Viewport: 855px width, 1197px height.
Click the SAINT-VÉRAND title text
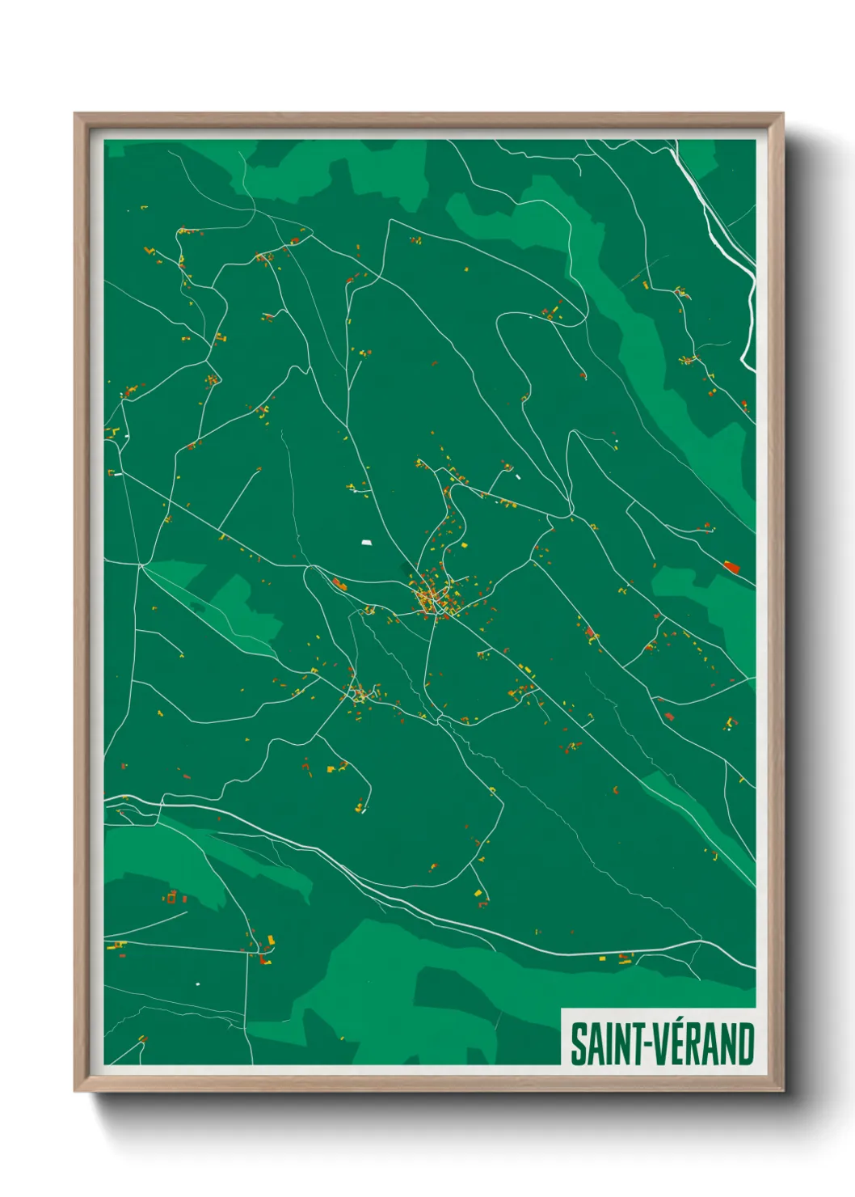(x=662, y=1045)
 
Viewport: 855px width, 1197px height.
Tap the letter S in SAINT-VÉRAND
(x=579, y=1045)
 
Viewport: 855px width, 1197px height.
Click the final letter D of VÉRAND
(x=745, y=1045)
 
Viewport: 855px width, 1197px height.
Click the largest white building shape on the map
(x=367, y=543)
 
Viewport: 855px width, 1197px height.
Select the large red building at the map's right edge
(x=731, y=567)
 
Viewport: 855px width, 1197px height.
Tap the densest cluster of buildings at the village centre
(x=429, y=597)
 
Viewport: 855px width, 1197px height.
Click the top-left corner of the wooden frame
(x=77, y=116)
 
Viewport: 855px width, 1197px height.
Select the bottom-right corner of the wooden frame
(x=781, y=1089)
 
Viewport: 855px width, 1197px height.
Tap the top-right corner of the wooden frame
(x=781, y=116)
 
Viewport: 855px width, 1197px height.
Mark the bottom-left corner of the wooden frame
(x=77, y=1089)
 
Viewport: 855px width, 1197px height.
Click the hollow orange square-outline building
(x=171, y=896)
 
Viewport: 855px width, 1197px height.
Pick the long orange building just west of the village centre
(x=339, y=583)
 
